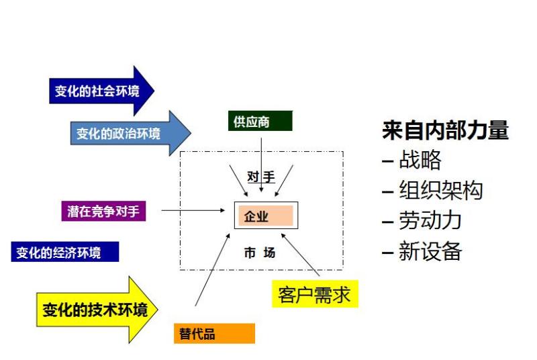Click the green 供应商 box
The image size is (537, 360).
(x=260, y=121)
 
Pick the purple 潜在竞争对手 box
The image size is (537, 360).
(x=103, y=211)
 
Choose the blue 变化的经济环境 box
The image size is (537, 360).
(x=65, y=252)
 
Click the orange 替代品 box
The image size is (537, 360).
(x=214, y=333)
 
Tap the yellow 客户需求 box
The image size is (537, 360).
(x=315, y=294)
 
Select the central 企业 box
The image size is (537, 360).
(x=266, y=216)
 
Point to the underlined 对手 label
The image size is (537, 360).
(x=261, y=177)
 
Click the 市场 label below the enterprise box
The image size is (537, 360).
(x=260, y=253)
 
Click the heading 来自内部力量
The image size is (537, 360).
(x=445, y=130)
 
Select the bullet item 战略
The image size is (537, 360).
(x=411, y=160)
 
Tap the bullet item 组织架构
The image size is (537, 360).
(x=432, y=190)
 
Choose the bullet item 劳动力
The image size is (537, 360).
(x=422, y=220)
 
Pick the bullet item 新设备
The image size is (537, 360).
(x=422, y=251)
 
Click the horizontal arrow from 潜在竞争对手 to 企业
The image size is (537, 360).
(x=193, y=210)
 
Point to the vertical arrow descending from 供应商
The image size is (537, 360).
(x=261, y=165)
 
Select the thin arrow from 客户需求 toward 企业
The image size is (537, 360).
(x=300, y=255)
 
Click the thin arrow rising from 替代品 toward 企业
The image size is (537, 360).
(x=213, y=269)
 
